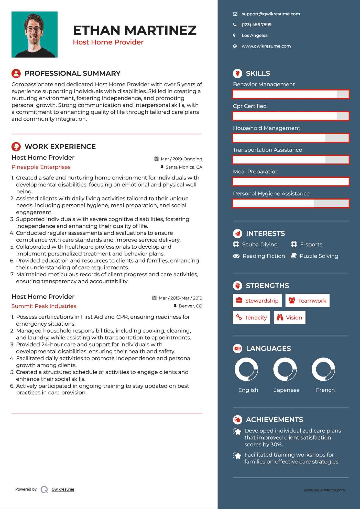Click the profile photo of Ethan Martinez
click(35, 35)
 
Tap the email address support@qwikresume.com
click(271, 14)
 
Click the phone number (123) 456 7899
click(256, 25)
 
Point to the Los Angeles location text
click(254, 36)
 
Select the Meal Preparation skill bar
click(291, 182)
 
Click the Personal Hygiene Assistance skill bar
click(291, 204)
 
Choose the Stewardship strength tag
click(257, 301)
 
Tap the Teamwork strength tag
click(307, 301)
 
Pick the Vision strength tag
click(289, 318)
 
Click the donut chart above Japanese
click(285, 369)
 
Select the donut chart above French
click(323, 369)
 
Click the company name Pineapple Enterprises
click(41, 167)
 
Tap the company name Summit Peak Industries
click(44, 306)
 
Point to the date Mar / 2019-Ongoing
click(181, 159)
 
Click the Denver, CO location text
click(190, 306)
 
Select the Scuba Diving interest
click(259, 245)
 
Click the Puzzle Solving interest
click(319, 256)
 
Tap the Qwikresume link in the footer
click(63, 489)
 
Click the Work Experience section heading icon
click(16, 147)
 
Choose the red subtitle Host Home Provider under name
click(108, 42)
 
